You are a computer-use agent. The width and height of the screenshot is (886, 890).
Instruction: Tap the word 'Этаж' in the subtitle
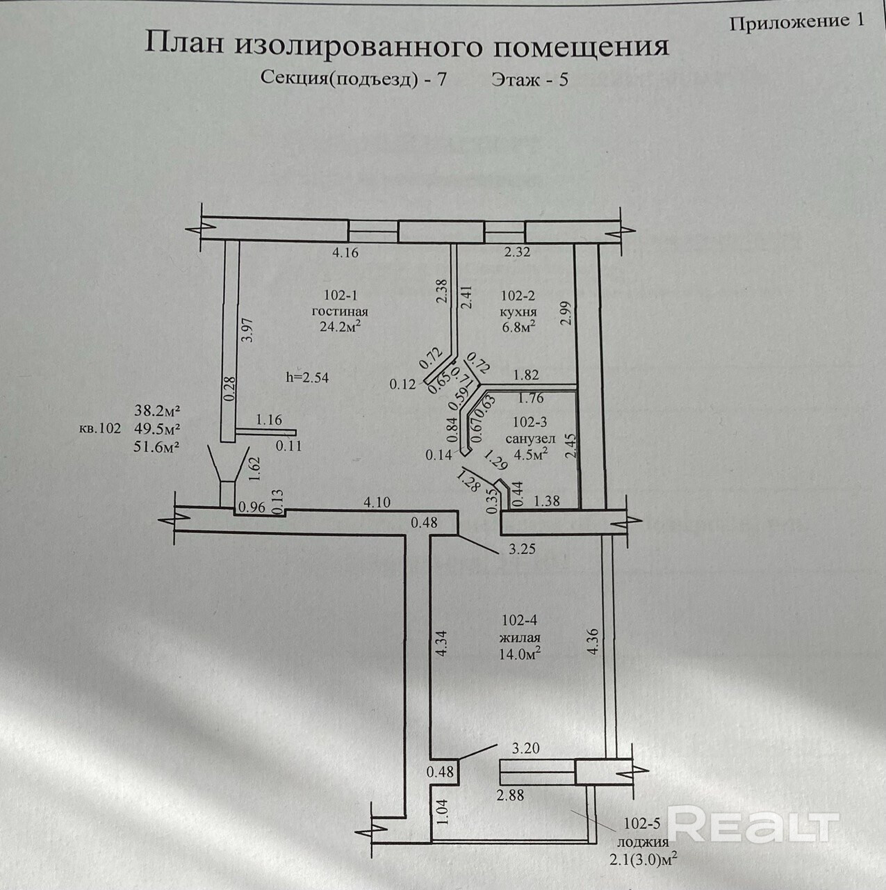pos(515,79)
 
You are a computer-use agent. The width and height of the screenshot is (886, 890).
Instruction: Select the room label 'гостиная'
pos(340,311)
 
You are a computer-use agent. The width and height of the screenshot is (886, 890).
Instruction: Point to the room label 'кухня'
pos(516,311)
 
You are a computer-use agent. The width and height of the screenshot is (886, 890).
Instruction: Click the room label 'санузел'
pos(530,439)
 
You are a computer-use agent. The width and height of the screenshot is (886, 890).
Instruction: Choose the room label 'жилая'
pos(520,638)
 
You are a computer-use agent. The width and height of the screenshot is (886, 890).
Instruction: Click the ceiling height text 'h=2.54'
pos(307,378)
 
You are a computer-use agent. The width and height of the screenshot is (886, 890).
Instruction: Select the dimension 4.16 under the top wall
pos(345,253)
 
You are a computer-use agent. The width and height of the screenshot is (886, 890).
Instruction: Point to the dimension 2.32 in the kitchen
pos(517,252)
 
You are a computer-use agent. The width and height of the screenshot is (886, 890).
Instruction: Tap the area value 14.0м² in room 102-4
pos(520,654)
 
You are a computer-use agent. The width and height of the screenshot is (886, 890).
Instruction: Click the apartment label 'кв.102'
pos(100,429)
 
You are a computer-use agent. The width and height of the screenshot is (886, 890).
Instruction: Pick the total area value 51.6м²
pos(157,446)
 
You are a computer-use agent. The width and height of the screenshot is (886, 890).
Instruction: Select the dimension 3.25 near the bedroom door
pos(522,549)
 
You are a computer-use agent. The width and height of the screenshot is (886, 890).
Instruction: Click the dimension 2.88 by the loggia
pos(511,795)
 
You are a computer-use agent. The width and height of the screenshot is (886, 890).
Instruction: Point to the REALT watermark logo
pos(754,826)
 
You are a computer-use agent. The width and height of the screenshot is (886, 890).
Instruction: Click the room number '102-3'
pos(530,421)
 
